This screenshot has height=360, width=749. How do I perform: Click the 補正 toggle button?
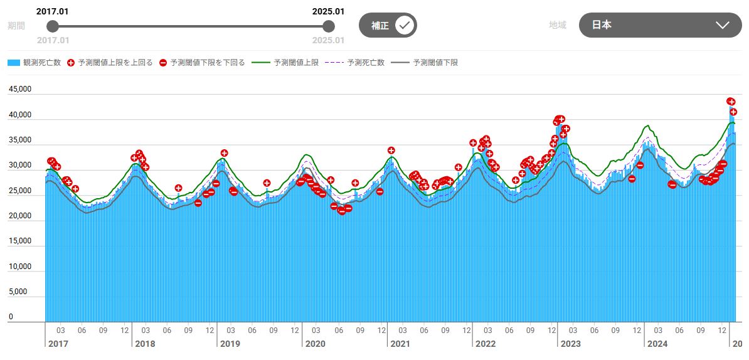pyautogui.click(x=388, y=25)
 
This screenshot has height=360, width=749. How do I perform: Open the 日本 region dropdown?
pyautogui.click(x=660, y=25)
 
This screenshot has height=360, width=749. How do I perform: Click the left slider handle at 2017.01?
pyautogui.click(x=53, y=26)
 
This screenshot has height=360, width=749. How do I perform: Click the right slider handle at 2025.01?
pyautogui.click(x=328, y=26)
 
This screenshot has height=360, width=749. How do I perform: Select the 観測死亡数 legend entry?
pyautogui.click(x=35, y=63)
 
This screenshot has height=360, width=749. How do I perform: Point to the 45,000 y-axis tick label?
pyautogui.click(x=19, y=90)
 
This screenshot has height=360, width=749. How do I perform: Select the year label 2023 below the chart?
pyautogui.click(x=570, y=344)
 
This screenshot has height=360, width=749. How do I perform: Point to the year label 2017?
pyautogui.click(x=58, y=344)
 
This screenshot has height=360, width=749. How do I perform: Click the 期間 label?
pyautogui.click(x=16, y=26)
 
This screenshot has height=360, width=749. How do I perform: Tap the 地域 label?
pyautogui.click(x=557, y=25)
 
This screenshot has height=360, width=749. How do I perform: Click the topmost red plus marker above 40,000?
pyautogui.click(x=730, y=101)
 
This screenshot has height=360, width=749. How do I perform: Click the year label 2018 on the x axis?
pyautogui.click(x=145, y=344)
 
